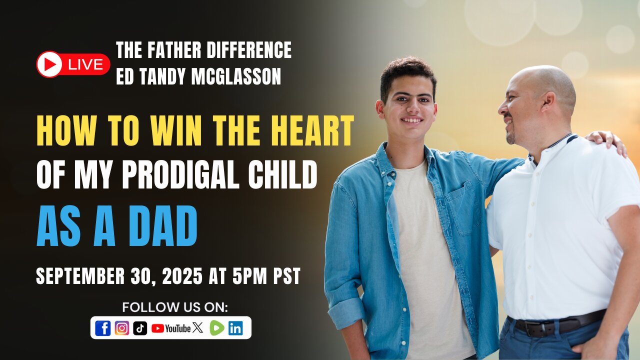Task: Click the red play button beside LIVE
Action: coord(49,64)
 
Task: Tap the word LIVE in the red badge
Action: coord(85,64)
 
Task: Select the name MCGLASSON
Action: coord(236,76)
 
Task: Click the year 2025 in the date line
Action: coord(182,276)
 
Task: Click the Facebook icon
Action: coord(103,328)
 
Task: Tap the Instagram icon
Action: coord(122,328)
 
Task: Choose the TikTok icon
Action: coord(140,328)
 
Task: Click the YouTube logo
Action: coord(171,328)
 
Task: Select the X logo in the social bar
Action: coord(197,327)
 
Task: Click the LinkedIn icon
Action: coord(235,328)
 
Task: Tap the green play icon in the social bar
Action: coord(217,328)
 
